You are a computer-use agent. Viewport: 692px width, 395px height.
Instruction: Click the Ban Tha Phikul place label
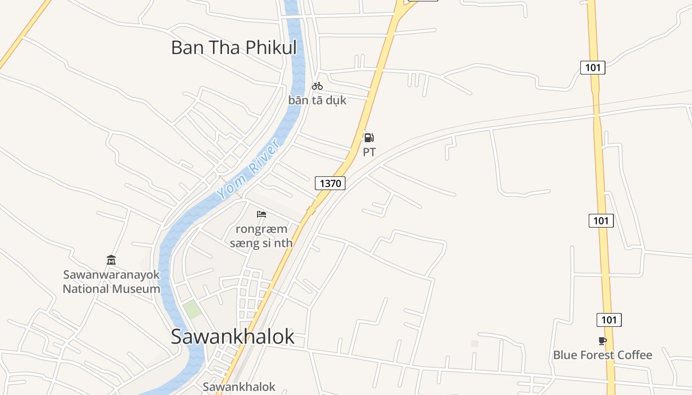pos(234,47)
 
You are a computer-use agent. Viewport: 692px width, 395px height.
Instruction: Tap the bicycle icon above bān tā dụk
pos(317,86)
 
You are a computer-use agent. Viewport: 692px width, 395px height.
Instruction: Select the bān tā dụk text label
pos(317,100)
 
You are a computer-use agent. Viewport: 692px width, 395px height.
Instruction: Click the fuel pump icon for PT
pos(369,138)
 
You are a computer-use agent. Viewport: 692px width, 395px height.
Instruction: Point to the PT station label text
pos(369,152)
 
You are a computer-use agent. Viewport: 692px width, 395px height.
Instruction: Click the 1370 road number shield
pos(330,184)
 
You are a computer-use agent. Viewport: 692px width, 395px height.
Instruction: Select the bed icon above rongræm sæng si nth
pos(261,214)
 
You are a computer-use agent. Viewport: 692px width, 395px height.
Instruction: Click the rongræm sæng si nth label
pos(261,236)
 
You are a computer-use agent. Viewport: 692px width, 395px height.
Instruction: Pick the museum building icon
pos(111,260)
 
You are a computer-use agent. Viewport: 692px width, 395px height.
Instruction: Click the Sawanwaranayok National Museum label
pos(111,281)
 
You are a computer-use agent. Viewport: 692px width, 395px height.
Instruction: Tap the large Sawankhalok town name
pos(232,336)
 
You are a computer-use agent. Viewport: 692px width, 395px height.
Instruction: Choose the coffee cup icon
pos(602,341)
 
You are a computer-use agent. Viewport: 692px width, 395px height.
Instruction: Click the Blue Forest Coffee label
pos(603,355)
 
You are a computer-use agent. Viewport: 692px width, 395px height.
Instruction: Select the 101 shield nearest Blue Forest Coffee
pos(609,320)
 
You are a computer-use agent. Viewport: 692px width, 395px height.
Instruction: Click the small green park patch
pos(192,309)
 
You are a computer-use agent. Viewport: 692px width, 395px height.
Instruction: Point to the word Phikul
pos(271,47)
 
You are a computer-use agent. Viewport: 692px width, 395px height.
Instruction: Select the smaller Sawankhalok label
pos(239,387)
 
